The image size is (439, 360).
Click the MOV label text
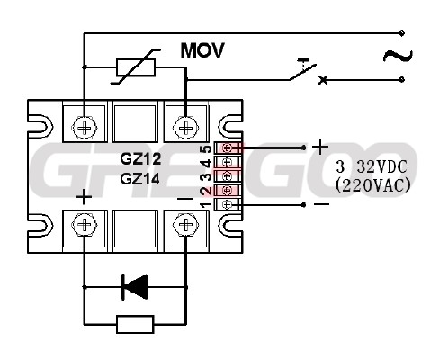click(202, 50)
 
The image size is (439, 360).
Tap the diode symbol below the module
click(135, 287)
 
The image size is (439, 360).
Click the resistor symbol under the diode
click(135, 324)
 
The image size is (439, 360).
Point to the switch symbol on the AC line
click(303, 71)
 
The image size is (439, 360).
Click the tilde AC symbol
click(398, 56)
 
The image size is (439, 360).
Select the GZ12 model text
click(140, 158)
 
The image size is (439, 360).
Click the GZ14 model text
click(140, 179)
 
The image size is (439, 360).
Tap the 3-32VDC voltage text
click(372, 166)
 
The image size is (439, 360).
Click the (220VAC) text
click(372, 186)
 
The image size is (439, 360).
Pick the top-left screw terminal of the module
click(85, 129)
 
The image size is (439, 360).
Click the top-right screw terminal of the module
click(186, 129)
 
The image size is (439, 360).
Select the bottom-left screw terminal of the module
click(85, 225)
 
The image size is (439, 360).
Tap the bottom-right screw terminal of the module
click(186, 225)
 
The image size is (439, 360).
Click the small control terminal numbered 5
click(228, 148)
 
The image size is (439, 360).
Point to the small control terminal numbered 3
click(228, 176)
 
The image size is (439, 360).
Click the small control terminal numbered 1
click(228, 204)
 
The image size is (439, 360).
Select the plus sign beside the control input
click(320, 147)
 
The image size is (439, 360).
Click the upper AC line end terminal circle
click(402, 32)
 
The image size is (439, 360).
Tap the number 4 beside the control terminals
click(207, 164)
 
